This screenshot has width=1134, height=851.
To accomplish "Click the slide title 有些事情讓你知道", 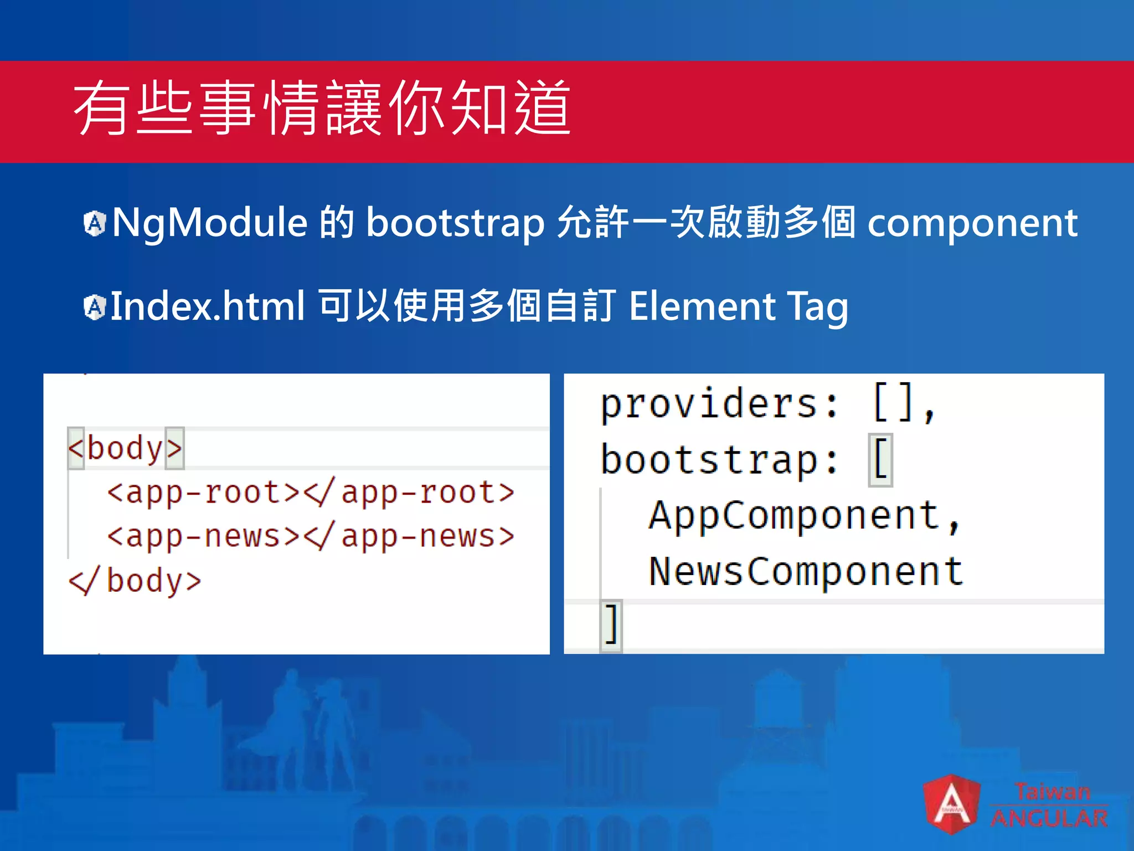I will (322, 108).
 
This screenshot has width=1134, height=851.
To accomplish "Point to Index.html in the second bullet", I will (208, 306).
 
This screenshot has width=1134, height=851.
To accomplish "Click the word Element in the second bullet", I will (702, 306).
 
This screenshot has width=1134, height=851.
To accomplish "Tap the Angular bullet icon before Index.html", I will (95, 307).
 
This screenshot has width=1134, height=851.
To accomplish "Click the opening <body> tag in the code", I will (125, 448).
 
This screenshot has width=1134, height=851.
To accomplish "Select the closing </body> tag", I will (135, 581).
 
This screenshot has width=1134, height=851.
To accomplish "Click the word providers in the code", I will (708, 404).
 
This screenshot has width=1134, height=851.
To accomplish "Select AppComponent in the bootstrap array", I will (794, 516).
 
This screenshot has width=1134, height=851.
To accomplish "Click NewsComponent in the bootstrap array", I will (806, 571).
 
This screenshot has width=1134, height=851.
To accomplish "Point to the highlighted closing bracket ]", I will (611, 624).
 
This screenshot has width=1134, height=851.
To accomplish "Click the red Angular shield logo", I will (951, 804).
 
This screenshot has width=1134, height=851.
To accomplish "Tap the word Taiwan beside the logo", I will (1052, 792).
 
